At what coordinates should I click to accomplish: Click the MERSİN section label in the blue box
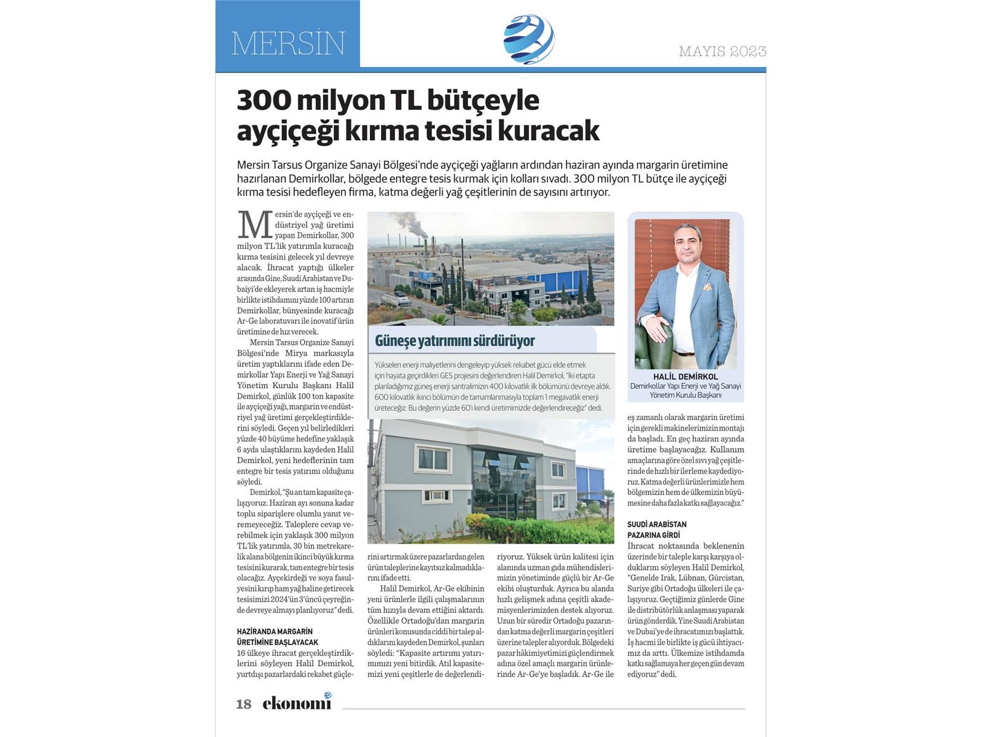click(x=288, y=43)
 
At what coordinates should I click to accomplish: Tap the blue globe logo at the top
click(x=528, y=39)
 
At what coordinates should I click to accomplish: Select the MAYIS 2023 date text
click(x=723, y=52)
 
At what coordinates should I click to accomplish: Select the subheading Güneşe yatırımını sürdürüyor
click(x=455, y=341)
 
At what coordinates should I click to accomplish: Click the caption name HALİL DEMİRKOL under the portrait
click(x=685, y=376)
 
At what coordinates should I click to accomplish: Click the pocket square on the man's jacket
click(x=708, y=286)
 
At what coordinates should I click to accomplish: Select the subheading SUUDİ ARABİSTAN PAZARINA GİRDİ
click(x=657, y=529)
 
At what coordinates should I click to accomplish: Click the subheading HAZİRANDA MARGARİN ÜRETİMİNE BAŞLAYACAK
click(x=278, y=637)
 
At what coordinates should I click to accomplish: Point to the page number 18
click(x=244, y=704)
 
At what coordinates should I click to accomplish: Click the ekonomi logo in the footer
click(x=297, y=702)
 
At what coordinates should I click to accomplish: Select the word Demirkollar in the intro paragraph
click(x=301, y=179)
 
